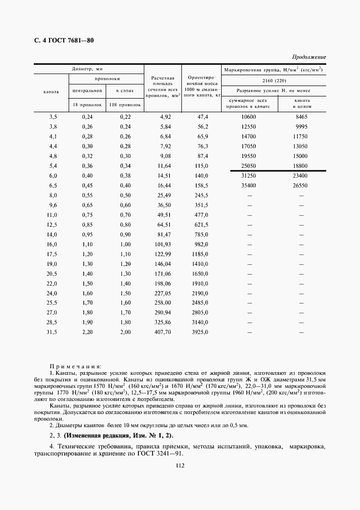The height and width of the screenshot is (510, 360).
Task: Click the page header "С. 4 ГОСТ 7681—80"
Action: pyautogui.click(x=60, y=41)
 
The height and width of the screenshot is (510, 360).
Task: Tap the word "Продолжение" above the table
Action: pyautogui.click(x=309, y=57)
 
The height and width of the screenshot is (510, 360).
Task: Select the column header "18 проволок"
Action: pyautogui.click(x=84, y=104)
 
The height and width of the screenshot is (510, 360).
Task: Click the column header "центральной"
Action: pyautogui.click(x=84, y=90)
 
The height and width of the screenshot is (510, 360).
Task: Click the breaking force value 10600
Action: pyautogui.click(x=248, y=117)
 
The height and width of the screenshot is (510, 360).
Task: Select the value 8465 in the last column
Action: pyautogui.click(x=301, y=117)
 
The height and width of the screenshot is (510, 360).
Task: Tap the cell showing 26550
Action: pyautogui.click(x=300, y=185)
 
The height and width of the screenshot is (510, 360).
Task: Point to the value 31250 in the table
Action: pyautogui.click(x=248, y=175)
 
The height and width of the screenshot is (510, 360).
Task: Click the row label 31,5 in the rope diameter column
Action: pyautogui.click(x=53, y=332)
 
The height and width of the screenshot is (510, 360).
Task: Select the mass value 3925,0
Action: pyautogui.click(x=200, y=332)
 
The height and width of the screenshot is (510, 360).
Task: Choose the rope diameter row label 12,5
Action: pyautogui.click(x=53, y=224)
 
